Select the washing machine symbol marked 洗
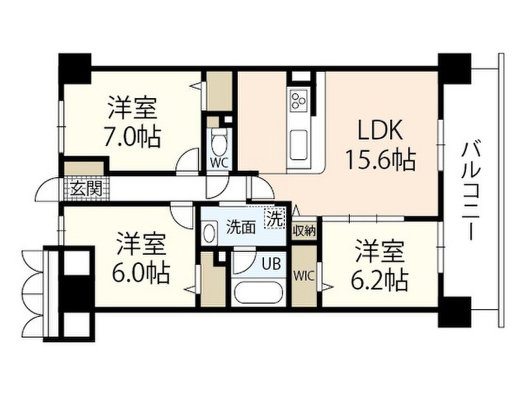275,218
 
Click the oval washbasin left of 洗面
209,233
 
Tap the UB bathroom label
271,266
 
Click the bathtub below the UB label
258,294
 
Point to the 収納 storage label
304,230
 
